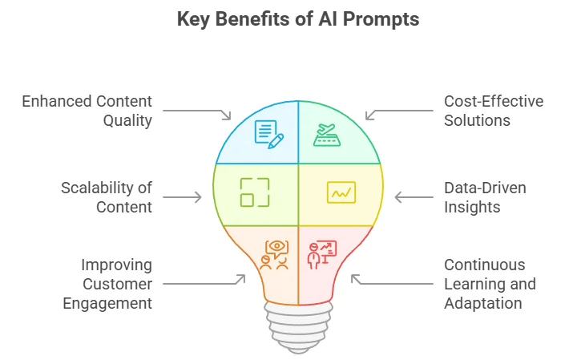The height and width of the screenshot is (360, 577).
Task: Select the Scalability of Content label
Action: point(107,198)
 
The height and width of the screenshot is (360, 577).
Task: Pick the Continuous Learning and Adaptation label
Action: point(490,284)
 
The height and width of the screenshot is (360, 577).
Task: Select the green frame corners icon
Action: point(255,192)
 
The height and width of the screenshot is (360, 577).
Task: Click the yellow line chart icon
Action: point(341,192)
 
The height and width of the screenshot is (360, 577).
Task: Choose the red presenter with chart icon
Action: point(321,255)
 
